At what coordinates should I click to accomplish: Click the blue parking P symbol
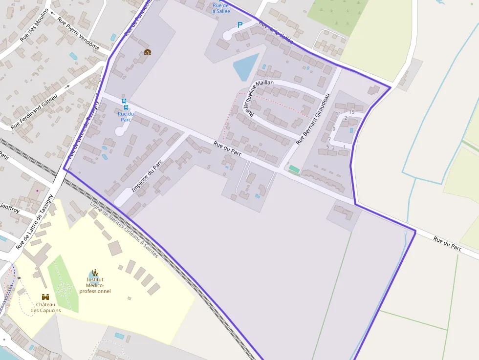tap(239, 24)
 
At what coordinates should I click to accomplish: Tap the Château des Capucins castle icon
tap(45, 297)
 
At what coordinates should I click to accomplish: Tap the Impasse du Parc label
tap(147, 177)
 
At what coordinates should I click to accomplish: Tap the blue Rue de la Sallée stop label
tap(220, 8)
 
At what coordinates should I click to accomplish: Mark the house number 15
tap(351, 112)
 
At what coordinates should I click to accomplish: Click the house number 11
tap(338, 114)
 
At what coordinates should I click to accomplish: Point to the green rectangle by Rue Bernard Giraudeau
tap(294, 169)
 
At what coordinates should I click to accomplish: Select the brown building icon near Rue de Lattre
tap(147, 52)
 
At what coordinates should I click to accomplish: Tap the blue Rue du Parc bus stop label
tap(126, 117)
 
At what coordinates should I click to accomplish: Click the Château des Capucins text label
tap(45, 307)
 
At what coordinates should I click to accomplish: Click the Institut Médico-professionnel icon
tap(95, 272)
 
